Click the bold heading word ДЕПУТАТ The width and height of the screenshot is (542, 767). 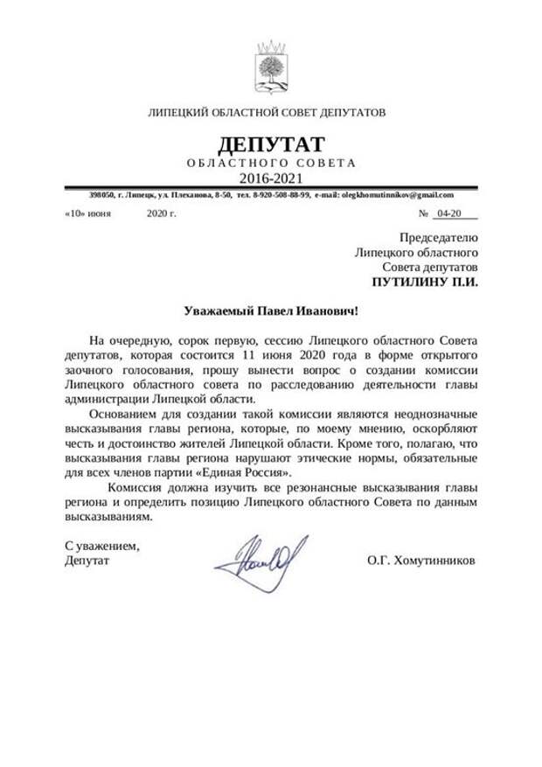click(270, 143)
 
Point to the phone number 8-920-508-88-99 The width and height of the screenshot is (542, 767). click(280, 194)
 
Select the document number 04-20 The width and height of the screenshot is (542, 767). click(449, 213)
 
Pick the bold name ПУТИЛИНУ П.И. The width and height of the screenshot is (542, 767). click(425, 282)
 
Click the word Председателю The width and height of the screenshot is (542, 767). click(439, 237)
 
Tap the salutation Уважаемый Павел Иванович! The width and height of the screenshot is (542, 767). click(271, 310)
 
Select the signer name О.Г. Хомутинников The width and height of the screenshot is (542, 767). click(422, 561)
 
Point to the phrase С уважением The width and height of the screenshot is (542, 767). click(102, 546)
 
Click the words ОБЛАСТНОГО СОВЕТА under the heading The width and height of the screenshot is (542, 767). click(271, 163)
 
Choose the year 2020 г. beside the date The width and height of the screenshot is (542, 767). click(162, 213)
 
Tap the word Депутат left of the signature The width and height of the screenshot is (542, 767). click(87, 561)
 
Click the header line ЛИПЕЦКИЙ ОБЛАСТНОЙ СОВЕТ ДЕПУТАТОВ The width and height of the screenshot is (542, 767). click(268, 113)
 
